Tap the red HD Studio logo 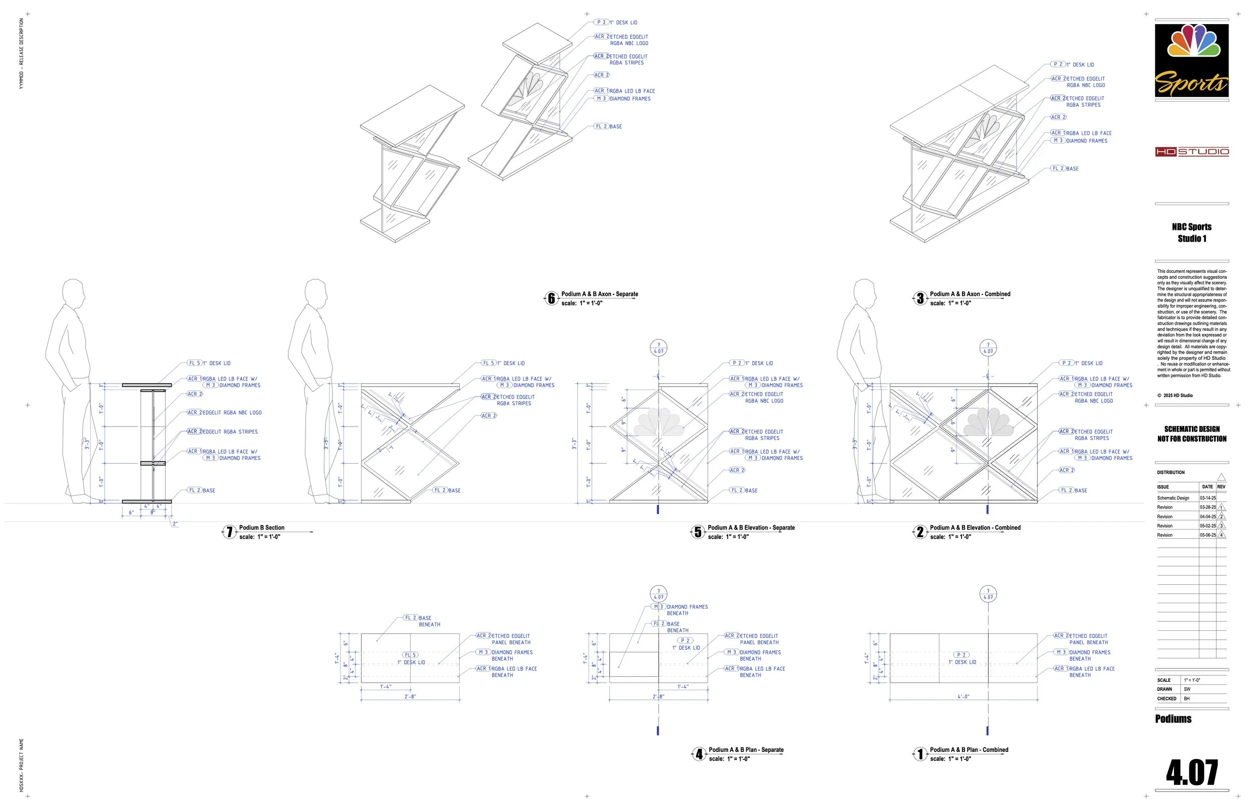tap(1191, 152)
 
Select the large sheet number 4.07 tap(1191, 772)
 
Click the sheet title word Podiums tap(1173, 719)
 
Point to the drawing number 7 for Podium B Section tap(229, 532)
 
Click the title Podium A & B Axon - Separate tap(599, 294)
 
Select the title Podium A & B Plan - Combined tap(969, 750)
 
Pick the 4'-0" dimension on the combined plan tap(963, 697)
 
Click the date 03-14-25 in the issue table tap(1207, 498)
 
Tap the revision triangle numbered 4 tap(1221, 536)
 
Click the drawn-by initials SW tap(1187, 689)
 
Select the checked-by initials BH tap(1187, 699)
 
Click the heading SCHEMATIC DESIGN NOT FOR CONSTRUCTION tap(1191, 434)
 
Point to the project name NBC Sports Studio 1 tap(1191, 232)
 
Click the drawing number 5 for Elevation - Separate tap(698, 532)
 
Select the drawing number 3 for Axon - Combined tap(919, 299)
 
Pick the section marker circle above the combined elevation tap(988, 348)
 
